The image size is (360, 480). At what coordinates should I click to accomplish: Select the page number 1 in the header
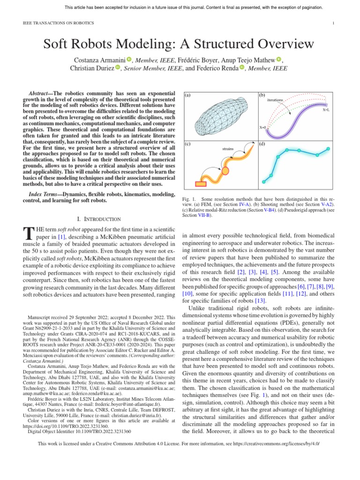point(333,23)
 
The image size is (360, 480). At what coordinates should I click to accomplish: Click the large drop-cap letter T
point(28,233)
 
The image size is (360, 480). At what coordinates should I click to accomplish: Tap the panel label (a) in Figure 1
point(187,95)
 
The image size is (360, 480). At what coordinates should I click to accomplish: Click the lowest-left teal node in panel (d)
point(264,181)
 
